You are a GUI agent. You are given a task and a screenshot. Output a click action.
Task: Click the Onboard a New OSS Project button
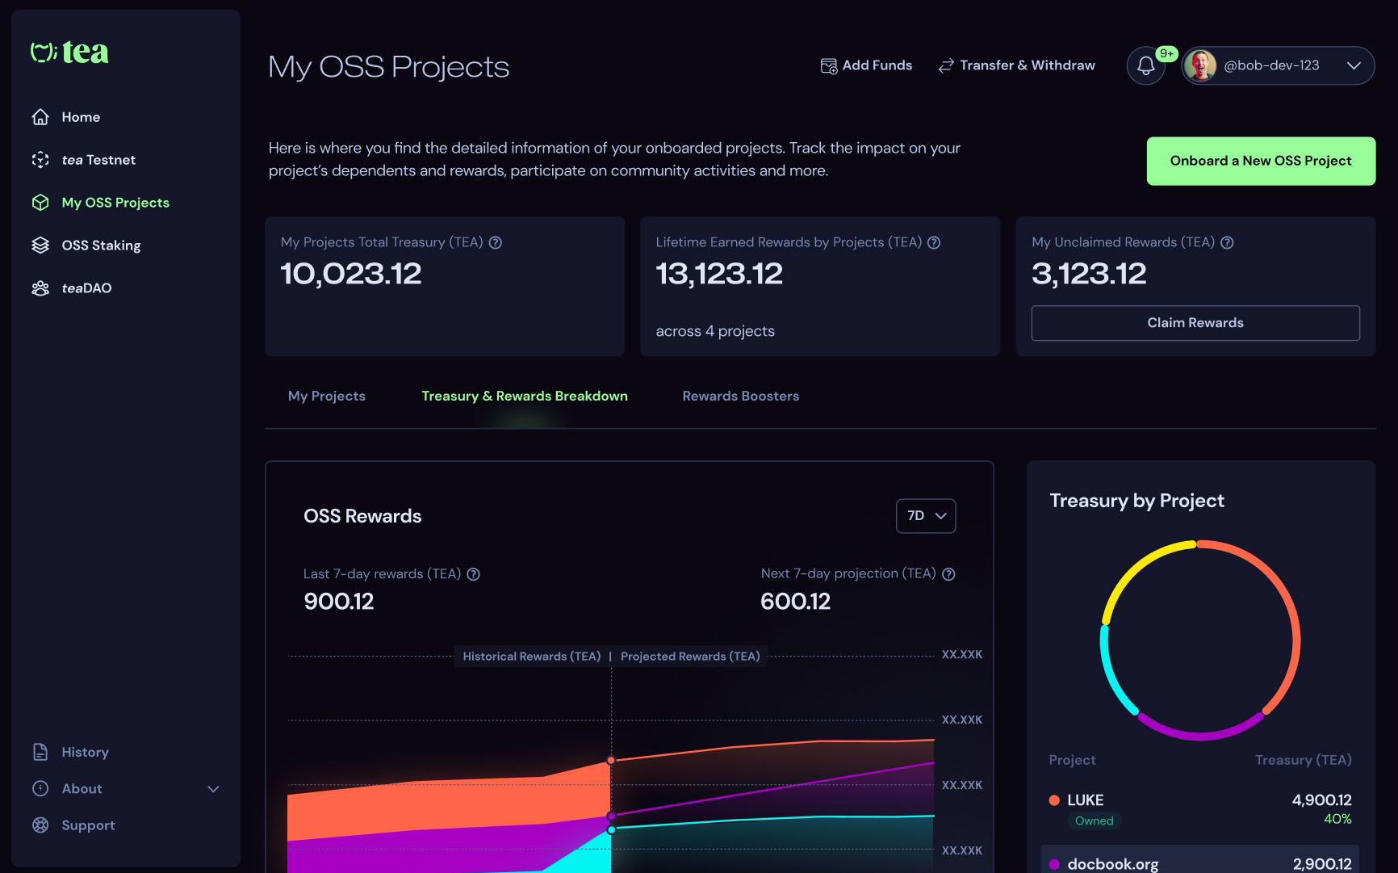pyautogui.click(x=1260, y=161)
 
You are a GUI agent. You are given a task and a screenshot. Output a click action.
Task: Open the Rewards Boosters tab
pyautogui.click(x=740, y=396)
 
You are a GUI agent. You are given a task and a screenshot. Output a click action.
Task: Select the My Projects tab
pyautogui.click(x=326, y=396)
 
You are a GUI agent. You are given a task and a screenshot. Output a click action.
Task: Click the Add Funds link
pyautogui.click(x=866, y=65)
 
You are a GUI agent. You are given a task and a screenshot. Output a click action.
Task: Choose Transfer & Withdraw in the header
pyautogui.click(x=1016, y=65)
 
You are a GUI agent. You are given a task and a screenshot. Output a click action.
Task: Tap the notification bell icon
pyautogui.click(x=1145, y=65)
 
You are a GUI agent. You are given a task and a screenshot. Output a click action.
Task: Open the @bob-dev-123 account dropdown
pyautogui.click(x=1278, y=65)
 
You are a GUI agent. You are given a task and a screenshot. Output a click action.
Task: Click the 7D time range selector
pyautogui.click(x=925, y=516)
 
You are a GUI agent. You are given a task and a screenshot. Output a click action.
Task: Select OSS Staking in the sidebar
pyautogui.click(x=101, y=246)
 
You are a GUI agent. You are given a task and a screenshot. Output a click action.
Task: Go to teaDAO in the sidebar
pyautogui.click(x=86, y=288)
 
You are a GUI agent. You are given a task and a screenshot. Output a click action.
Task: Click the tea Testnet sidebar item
pyautogui.click(x=98, y=160)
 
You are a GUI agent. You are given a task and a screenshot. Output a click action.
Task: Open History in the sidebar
pyautogui.click(x=85, y=752)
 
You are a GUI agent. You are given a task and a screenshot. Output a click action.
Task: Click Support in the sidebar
pyautogui.click(x=88, y=825)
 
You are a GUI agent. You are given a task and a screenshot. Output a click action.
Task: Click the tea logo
pyautogui.click(x=70, y=52)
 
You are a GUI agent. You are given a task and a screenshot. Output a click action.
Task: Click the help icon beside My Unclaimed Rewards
pyautogui.click(x=1227, y=242)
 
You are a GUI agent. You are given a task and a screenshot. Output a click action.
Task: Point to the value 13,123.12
pyautogui.click(x=718, y=274)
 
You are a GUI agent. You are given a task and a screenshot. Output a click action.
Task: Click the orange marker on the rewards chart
pyautogui.click(x=611, y=760)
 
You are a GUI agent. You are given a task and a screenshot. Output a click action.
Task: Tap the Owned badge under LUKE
pyautogui.click(x=1094, y=821)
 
